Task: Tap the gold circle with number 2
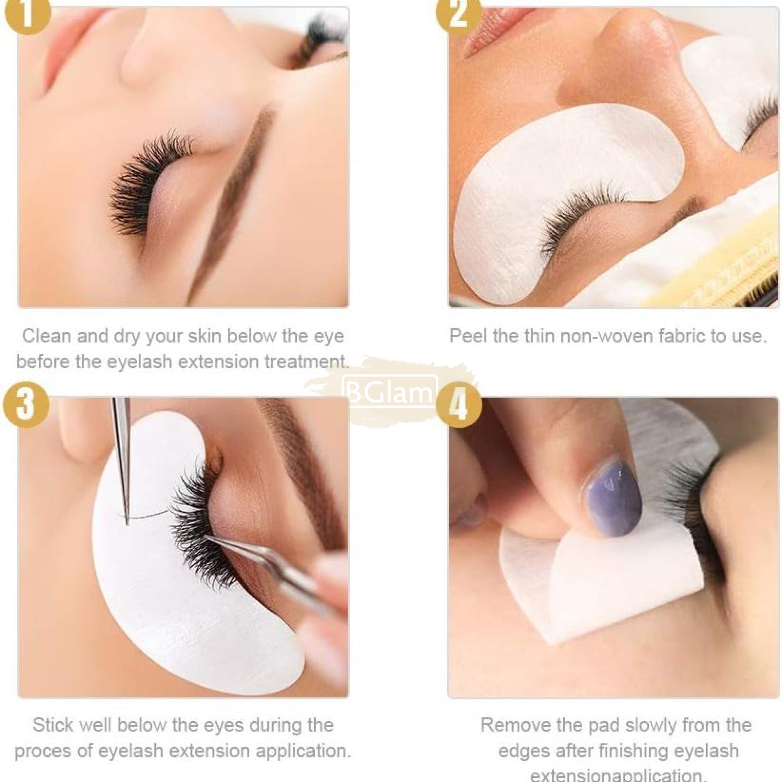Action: [x=459, y=13]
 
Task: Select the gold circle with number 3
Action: [x=26, y=404]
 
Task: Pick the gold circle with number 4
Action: [x=459, y=405]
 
